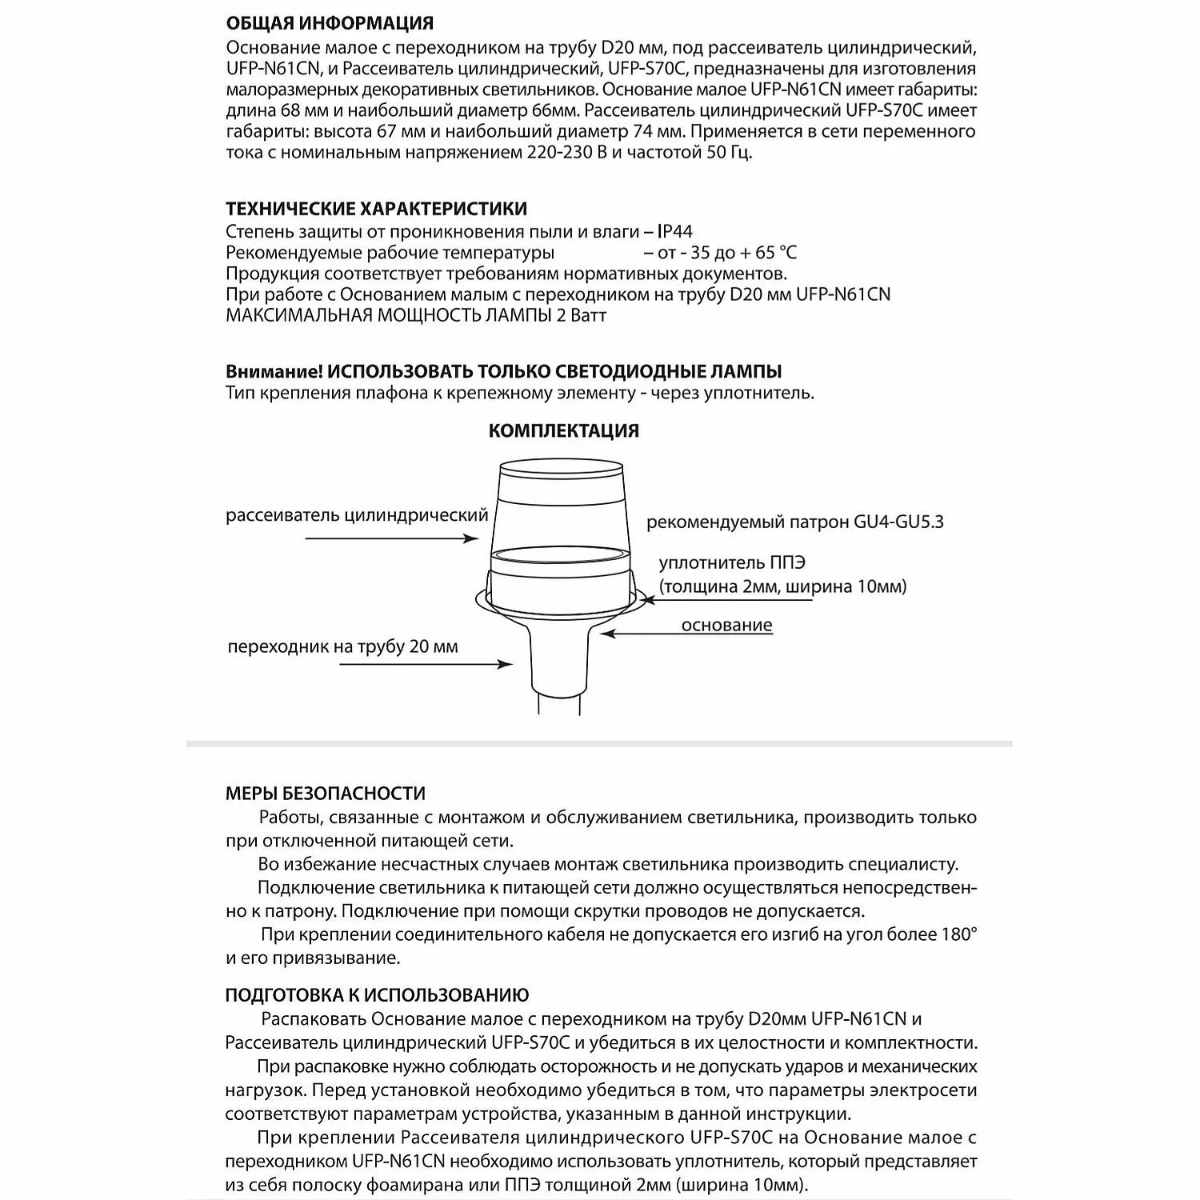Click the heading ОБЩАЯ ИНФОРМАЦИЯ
[330, 24]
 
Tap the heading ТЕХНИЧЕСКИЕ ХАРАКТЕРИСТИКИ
[376, 210]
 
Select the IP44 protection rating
[674, 232]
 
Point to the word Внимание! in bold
[274, 372]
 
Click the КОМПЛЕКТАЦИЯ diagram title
[563, 431]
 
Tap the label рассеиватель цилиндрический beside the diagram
[357, 515]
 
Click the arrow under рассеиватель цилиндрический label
[392, 539]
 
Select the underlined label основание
[726, 625]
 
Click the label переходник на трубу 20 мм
[342, 646]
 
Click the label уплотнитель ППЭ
[732, 563]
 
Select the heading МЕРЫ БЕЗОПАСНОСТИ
[325, 794]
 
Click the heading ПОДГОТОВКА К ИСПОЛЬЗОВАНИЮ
[377, 996]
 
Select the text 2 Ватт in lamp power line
[581, 315]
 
